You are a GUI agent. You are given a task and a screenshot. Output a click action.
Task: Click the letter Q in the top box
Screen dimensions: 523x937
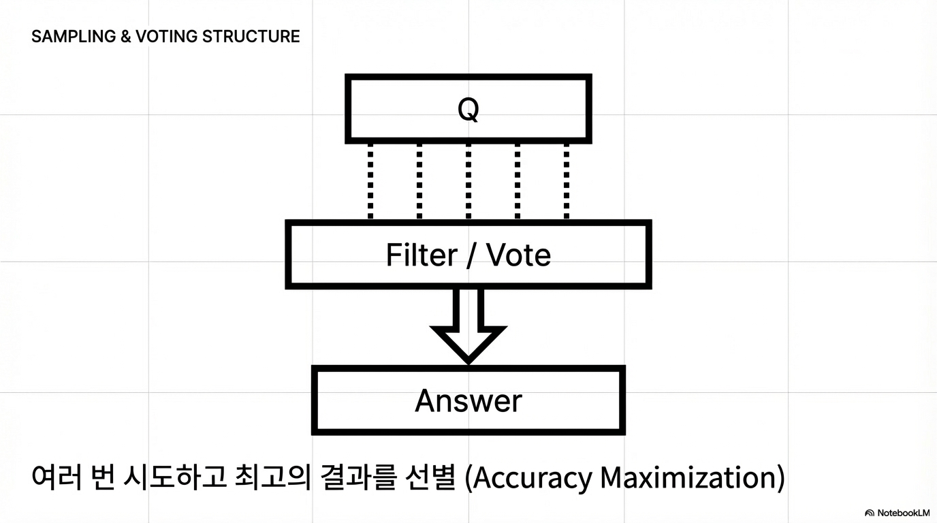pos(469,109)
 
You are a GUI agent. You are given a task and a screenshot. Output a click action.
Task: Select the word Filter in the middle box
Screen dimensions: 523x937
pos(422,255)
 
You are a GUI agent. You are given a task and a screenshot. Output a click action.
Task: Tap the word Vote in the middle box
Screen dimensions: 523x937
pos(519,255)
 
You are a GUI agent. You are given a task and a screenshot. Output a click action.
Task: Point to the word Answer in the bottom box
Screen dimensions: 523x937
pos(469,400)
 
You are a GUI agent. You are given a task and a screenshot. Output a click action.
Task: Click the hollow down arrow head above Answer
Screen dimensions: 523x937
pos(469,340)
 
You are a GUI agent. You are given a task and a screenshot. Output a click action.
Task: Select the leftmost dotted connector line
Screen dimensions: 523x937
pos(370,181)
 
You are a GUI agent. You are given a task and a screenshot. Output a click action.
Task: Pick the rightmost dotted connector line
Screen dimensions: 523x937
pos(567,181)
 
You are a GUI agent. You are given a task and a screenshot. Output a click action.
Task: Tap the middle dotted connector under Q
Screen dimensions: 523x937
pos(469,181)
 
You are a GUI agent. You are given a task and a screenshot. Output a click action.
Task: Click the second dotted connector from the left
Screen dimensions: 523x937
pos(419,181)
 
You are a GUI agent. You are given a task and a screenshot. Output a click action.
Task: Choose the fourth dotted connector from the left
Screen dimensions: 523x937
pos(518,181)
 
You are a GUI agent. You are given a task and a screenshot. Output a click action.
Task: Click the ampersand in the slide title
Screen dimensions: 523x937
pos(126,37)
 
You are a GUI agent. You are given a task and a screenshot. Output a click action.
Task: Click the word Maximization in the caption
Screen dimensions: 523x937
pos(688,478)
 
